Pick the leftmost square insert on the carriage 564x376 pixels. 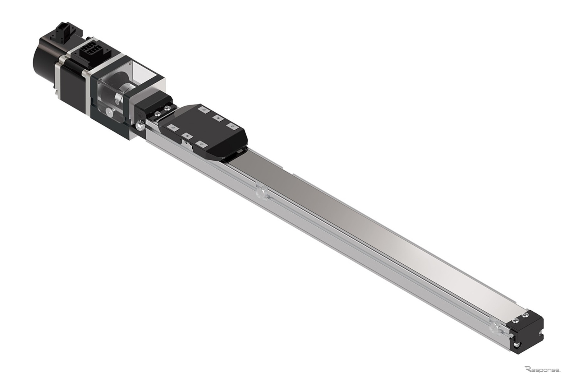[171, 127]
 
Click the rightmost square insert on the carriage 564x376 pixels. [231, 125]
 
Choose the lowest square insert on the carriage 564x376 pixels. [201, 144]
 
